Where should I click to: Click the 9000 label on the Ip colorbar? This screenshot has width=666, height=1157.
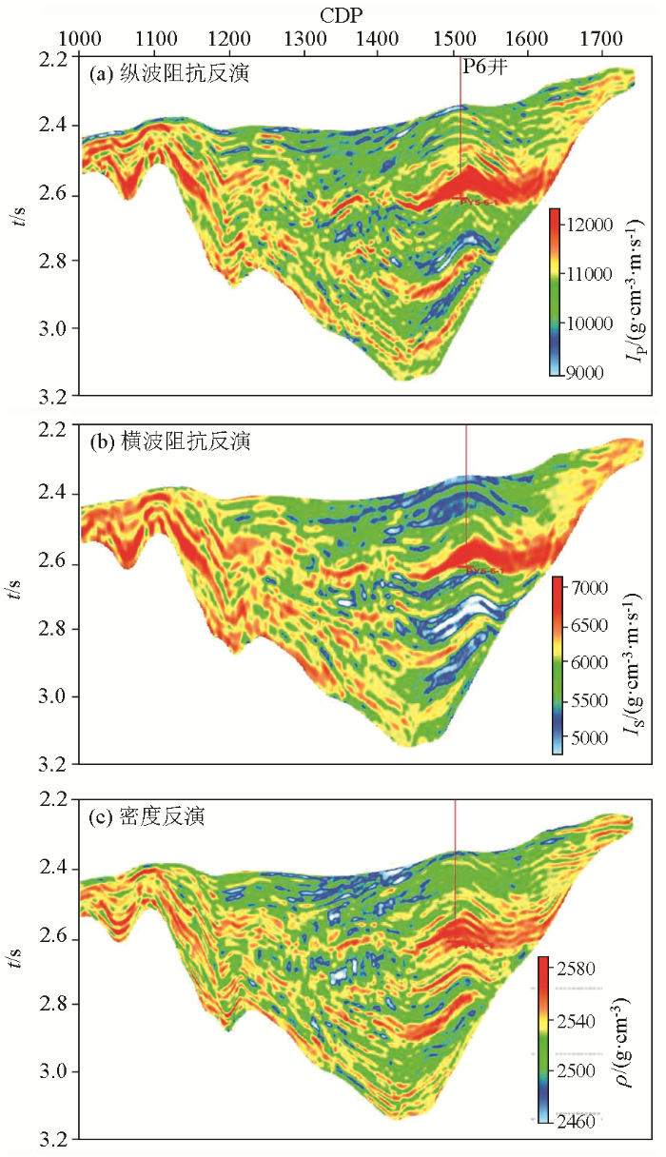(586, 372)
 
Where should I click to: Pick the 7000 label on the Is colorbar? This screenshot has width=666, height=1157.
(586, 589)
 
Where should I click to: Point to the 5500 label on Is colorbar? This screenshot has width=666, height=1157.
(586, 700)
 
